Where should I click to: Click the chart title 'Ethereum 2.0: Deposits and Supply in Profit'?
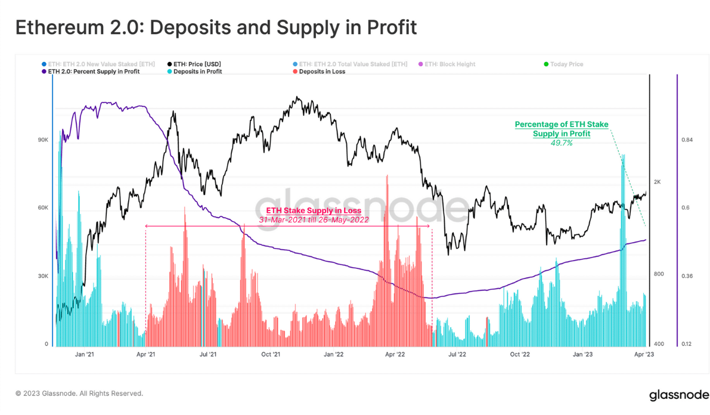coord(215,28)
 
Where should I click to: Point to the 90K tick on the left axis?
coord(43,140)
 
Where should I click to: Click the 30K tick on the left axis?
coord(43,276)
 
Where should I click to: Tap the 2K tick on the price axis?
coord(658,182)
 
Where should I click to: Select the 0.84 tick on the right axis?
coord(687,140)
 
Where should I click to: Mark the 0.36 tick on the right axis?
coord(687,276)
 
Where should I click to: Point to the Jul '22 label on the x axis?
coord(457,354)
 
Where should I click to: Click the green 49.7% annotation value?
coord(561,143)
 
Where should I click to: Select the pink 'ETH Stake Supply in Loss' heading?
coord(314,211)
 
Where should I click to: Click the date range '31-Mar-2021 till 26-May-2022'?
coord(314,219)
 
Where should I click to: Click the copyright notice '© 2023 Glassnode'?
coord(79,394)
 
